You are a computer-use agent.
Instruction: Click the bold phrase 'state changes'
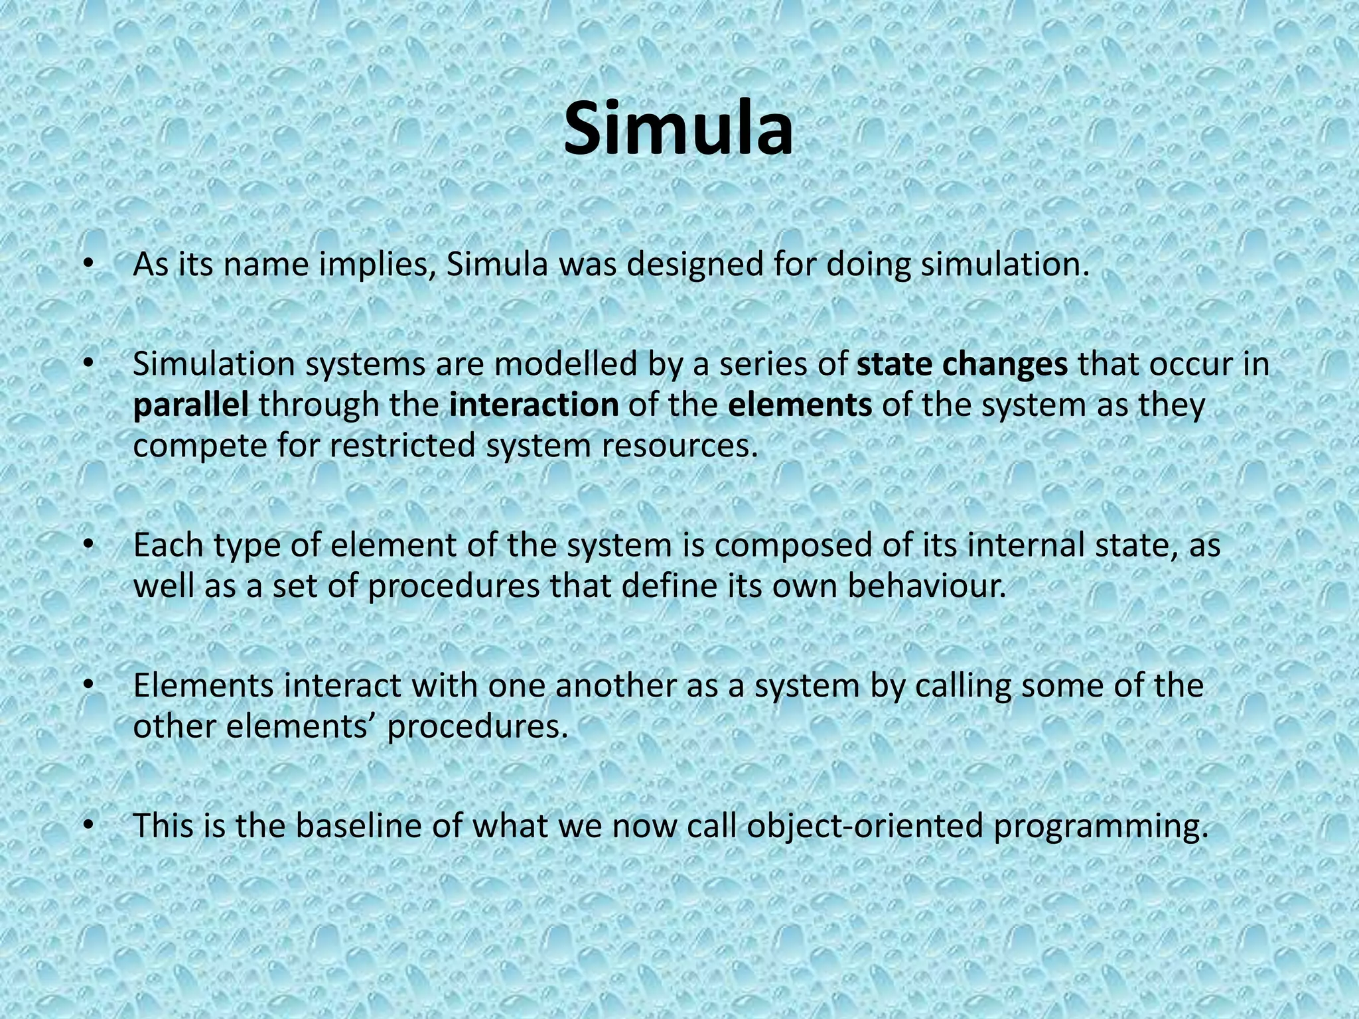pos(962,364)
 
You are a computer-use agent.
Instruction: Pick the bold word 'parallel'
pos(191,405)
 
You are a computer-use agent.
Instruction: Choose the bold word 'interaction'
pos(534,405)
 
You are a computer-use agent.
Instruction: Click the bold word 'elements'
pos(800,405)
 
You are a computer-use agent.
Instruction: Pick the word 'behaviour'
pos(926,586)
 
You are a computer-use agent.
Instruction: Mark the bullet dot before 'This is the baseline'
pos(86,825)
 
